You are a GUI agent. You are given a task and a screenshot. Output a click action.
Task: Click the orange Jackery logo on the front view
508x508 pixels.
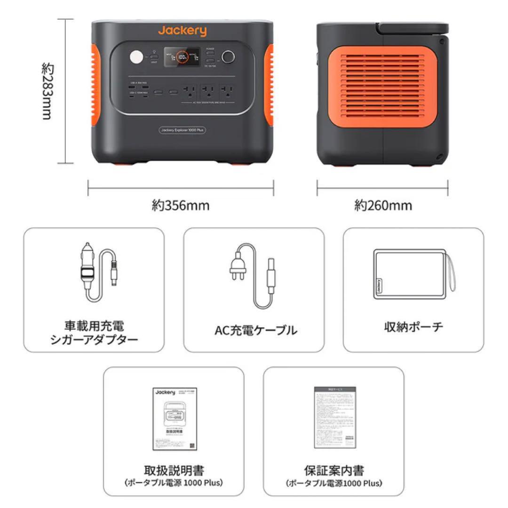(182, 32)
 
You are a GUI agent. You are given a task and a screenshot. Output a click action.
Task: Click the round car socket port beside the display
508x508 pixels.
(229, 57)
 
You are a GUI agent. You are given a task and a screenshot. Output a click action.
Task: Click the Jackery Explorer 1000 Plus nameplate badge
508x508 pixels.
(182, 130)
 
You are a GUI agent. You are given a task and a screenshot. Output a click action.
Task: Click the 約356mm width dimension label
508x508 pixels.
(181, 206)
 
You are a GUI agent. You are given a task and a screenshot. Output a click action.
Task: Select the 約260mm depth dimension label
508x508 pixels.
(383, 206)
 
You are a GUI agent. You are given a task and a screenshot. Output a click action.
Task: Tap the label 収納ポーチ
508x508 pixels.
(413, 327)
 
